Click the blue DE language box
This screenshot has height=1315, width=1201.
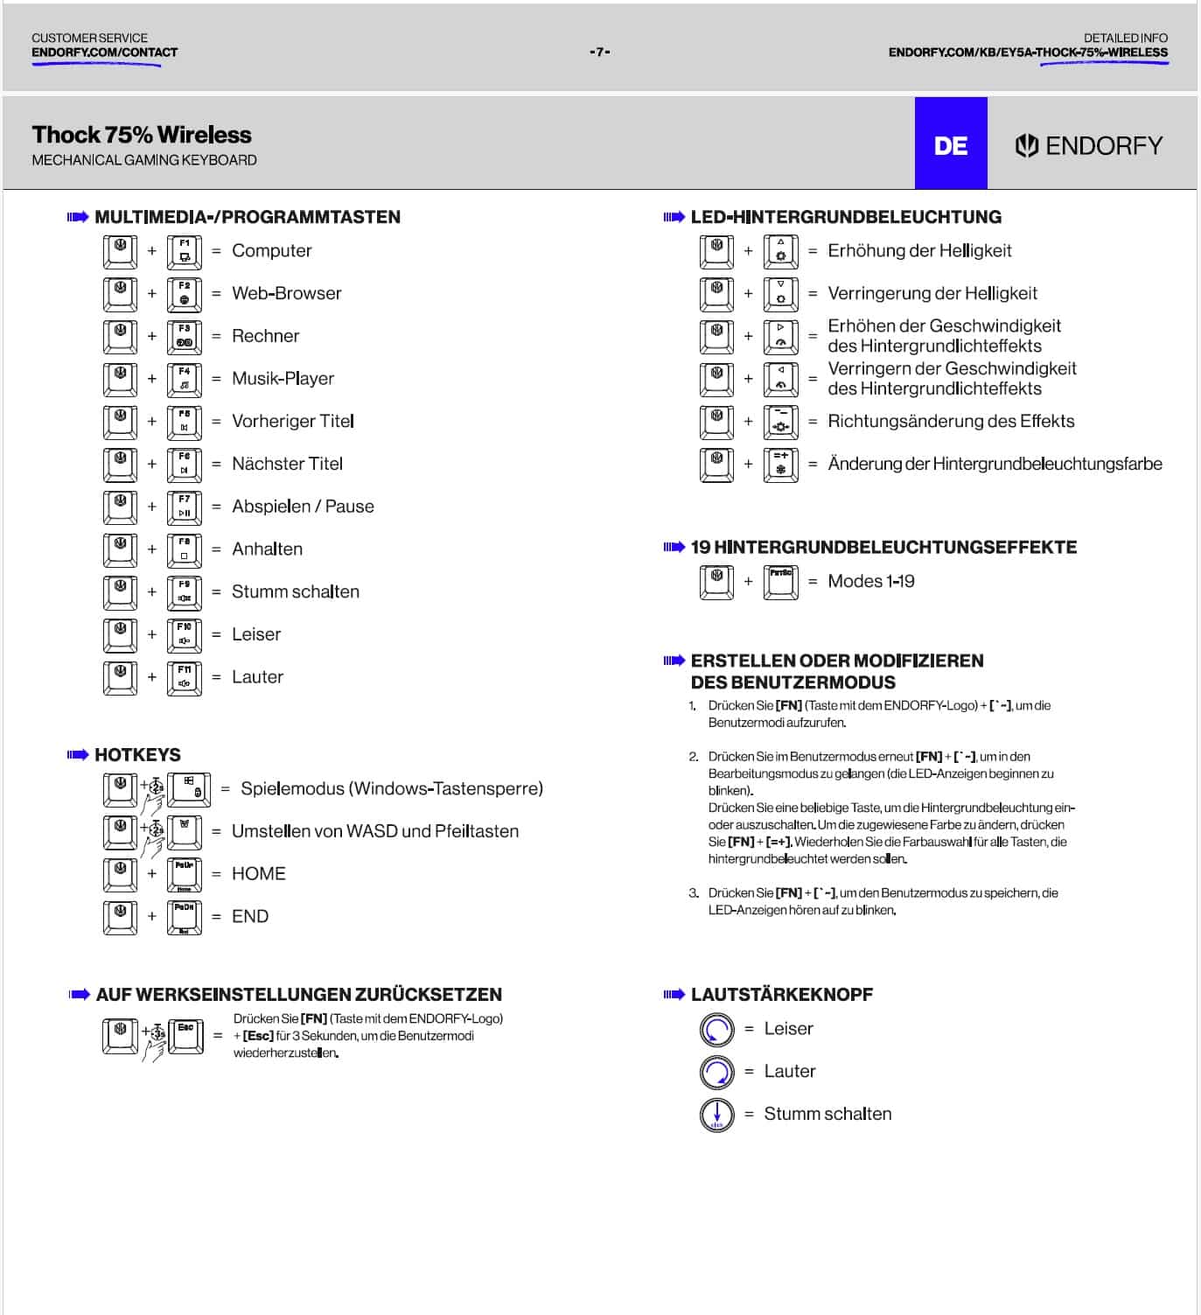pyautogui.click(x=951, y=144)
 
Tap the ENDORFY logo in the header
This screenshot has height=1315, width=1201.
pyautogui.click(x=1089, y=145)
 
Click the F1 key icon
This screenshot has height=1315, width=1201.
pyautogui.click(x=185, y=251)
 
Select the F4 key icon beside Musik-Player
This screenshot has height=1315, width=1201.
pyautogui.click(x=185, y=379)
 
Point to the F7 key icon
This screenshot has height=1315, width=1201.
pyautogui.click(x=185, y=507)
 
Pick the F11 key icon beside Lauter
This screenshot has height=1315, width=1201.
pyautogui.click(x=185, y=677)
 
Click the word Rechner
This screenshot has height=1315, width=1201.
pyautogui.click(x=265, y=336)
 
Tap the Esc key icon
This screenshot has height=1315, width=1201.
pyautogui.click(x=185, y=1036)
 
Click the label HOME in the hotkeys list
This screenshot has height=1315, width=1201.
pyautogui.click(x=258, y=873)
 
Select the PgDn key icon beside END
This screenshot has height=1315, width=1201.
pyautogui.click(x=185, y=917)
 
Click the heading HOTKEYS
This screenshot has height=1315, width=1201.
pyautogui.click(x=137, y=755)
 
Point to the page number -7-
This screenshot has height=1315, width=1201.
pyautogui.click(x=600, y=52)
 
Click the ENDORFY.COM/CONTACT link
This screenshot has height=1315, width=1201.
pyautogui.click(x=104, y=52)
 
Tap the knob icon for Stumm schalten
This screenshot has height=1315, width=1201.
pyautogui.click(x=716, y=1114)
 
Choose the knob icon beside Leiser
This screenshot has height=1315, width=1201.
pyautogui.click(x=716, y=1029)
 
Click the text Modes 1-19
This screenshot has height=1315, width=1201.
pyautogui.click(x=870, y=581)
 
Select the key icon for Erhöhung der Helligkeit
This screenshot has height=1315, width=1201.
pyautogui.click(x=780, y=251)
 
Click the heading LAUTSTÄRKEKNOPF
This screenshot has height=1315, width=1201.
pyautogui.click(x=781, y=995)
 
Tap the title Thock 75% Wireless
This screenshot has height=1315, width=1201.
pyautogui.click(x=142, y=135)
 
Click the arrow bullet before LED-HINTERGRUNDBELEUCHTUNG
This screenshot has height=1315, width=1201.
pyautogui.click(x=674, y=217)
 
